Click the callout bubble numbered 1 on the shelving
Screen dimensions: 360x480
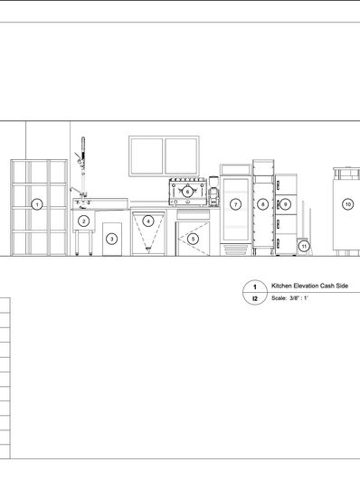37,204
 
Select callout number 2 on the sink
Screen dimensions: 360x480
83,221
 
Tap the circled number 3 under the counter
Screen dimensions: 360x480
112,239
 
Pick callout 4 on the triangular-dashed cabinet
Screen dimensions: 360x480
148,221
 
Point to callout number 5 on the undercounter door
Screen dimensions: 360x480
193,239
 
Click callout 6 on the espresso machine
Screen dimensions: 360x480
187,192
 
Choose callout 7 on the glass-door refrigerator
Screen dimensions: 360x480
235,204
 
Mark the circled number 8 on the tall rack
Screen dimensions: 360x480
263,204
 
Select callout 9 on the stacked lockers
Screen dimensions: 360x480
285,204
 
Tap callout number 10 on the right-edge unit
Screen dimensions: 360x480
348,204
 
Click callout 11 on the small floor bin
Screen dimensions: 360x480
304,246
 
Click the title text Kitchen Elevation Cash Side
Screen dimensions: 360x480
309,286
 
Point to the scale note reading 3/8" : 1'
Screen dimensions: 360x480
298,298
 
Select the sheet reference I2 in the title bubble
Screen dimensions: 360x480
255,298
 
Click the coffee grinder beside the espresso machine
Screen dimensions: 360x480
213,191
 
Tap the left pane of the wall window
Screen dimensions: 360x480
147,156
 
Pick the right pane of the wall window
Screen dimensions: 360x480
181,156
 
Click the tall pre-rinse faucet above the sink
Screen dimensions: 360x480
82,167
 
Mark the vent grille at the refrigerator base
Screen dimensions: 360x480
235,250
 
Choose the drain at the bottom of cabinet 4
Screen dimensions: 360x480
148,249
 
